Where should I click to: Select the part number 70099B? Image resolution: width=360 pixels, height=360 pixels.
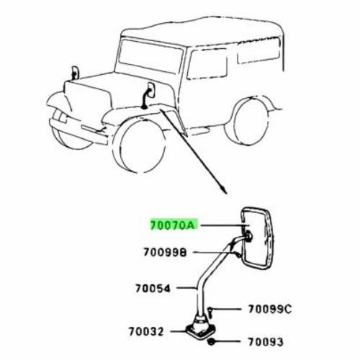pos(165,252)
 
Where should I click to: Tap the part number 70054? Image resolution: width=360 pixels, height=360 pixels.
pos(153,288)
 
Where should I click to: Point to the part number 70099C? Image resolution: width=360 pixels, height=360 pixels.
pos(270,309)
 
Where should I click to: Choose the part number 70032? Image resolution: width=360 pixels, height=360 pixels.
pos(146,331)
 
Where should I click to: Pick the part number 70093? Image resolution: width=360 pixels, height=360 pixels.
pos(266,342)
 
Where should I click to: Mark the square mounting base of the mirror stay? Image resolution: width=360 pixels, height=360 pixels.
pos(200,330)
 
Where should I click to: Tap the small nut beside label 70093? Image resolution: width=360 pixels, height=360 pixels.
pos(212,342)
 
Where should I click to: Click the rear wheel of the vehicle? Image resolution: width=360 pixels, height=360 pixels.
pos(250,122)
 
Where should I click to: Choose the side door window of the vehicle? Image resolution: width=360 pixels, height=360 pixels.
pos(207,64)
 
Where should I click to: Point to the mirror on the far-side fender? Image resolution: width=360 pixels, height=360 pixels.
pos(75,73)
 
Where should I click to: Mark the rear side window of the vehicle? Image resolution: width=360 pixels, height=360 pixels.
pos(258,50)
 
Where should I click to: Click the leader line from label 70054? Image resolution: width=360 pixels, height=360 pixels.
pos(186,287)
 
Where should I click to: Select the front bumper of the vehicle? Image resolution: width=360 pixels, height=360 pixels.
pos(78,131)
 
